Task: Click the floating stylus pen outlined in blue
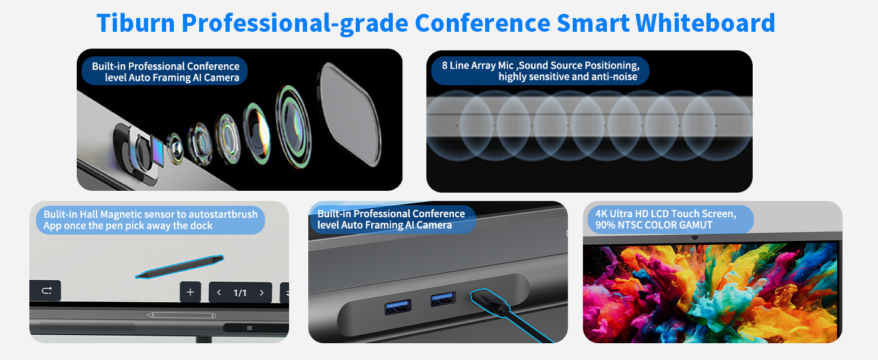pyautogui.click(x=179, y=267)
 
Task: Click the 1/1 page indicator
pyautogui.click(x=240, y=293)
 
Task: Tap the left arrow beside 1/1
pyautogui.click(x=219, y=293)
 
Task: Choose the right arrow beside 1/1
pyautogui.click(x=261, y=293)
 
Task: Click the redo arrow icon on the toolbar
pyautogui.click(x=46, y=291)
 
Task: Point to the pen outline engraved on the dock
pyautogui.click(x=181, y=315)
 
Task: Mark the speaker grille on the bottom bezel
pyautogui.click(x=87, y=327)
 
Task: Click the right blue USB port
pyautogui.click(x=443, y=299)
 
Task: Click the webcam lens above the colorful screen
pyautogui.click(x=694, y=238)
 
